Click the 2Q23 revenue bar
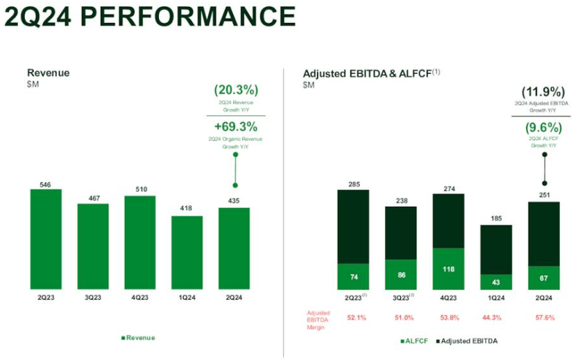click(x=46, y=239)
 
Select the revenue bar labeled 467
click(x=93, y=246)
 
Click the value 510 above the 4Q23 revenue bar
click(x=140, y=189)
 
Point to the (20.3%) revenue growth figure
click(x=236, y=90)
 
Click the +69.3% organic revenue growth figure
click(x=236, y=126)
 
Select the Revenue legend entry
click(x=138, y=338)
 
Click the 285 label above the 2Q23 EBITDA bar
click(x=353, y=184)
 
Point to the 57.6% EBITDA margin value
click(x=543, y=317)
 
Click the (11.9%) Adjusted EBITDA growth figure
click(x=543, y=92)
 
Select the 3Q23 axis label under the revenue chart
click(x=93, y=298)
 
